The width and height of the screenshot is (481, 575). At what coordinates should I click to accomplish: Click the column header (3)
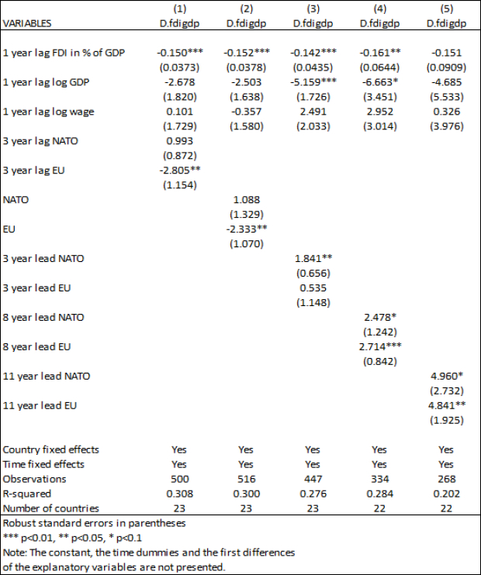pos(313,9)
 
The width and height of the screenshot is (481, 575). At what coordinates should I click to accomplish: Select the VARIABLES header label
pos(27,23)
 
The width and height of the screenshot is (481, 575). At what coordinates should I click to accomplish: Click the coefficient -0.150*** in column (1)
pos(180,53)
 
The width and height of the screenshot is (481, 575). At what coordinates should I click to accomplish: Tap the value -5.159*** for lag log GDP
pos(313,82)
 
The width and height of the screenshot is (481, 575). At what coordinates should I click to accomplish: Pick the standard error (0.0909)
pos(446,67)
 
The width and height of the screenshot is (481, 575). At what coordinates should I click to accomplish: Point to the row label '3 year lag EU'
pos(34,170)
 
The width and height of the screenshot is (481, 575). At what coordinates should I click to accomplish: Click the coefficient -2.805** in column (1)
pos(180,170)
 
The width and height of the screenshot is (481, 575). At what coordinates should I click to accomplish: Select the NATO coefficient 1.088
pos(247,200)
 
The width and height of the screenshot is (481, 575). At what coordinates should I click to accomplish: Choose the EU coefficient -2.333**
pos(247,229)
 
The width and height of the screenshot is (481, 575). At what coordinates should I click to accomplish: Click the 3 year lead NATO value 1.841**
pos(313,259)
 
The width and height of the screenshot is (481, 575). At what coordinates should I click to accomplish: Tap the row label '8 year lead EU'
pos(36,347)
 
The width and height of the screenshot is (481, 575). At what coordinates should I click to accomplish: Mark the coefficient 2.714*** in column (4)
pos(380,347)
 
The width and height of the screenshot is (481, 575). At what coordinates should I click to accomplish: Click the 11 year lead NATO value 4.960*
pos(447,377)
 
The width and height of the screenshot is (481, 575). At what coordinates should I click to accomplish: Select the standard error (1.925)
pos(447,420)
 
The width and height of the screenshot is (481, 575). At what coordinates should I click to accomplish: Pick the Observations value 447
pos(313,479)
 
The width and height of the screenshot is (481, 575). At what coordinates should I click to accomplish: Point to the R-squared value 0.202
pos(447,494)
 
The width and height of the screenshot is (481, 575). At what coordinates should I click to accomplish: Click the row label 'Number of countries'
pos(51,508)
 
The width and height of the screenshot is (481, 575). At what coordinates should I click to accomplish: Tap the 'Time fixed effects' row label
pos(43,465)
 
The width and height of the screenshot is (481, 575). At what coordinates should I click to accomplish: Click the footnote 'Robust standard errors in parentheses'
pos(95,523)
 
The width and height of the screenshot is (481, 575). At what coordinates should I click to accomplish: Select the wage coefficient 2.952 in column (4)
pos(379,112)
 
